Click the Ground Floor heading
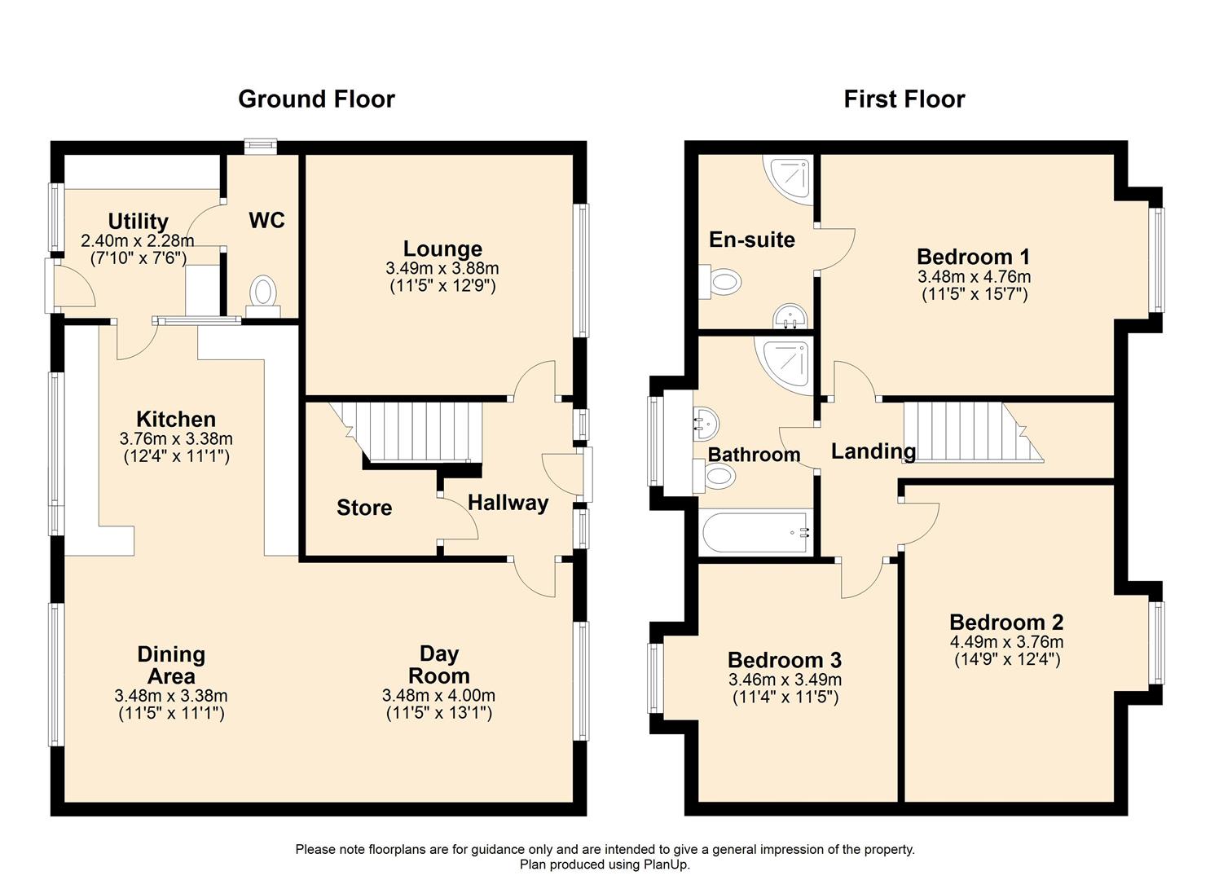coord(316,99)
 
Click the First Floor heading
coord(904,99)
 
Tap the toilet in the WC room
coord(263,294)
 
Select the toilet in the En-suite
coord(722,282)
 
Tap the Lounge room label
coord(442,249)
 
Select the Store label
coord(364,508)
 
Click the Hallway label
coord(508,503)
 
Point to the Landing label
coord(873,451)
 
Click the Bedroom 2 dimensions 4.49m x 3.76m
coord(1006,641)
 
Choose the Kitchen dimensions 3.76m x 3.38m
coord(176,438)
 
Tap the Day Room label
coord(438,665)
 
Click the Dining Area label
coord(171,665)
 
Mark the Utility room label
coord(138,221)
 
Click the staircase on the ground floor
coord(416,432)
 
